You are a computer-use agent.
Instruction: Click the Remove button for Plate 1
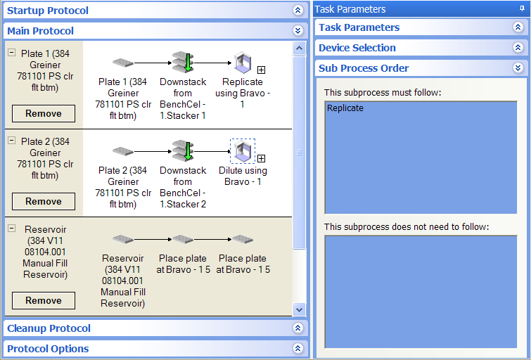point(44,113)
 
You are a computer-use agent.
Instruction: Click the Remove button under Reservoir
point(44,300)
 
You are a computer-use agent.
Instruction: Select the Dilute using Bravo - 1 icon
point(243,151)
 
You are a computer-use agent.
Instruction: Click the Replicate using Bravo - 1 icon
point(243,63)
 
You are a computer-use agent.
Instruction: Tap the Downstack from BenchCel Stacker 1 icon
point(183,62)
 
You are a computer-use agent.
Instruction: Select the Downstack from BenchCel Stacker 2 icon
point(183,150)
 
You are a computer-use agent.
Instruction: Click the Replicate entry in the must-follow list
point(345,108)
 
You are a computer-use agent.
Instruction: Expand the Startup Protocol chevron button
point(298,10)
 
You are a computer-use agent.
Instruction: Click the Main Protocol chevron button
point(298,30)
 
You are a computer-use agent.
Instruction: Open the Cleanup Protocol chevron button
point(298,328)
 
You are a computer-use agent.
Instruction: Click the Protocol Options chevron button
point(298,348)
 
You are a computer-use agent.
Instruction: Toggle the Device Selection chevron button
point(518,47)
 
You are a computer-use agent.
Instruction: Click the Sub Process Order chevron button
point(518,67)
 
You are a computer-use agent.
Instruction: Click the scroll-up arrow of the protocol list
point(299,48)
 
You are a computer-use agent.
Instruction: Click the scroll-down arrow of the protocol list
point(299,309)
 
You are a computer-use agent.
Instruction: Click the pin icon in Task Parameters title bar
point(522,9)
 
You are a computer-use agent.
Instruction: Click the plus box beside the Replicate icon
point(261,70)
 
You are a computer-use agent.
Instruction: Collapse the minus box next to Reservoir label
point(11,229)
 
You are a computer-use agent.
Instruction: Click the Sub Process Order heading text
point(364,68)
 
